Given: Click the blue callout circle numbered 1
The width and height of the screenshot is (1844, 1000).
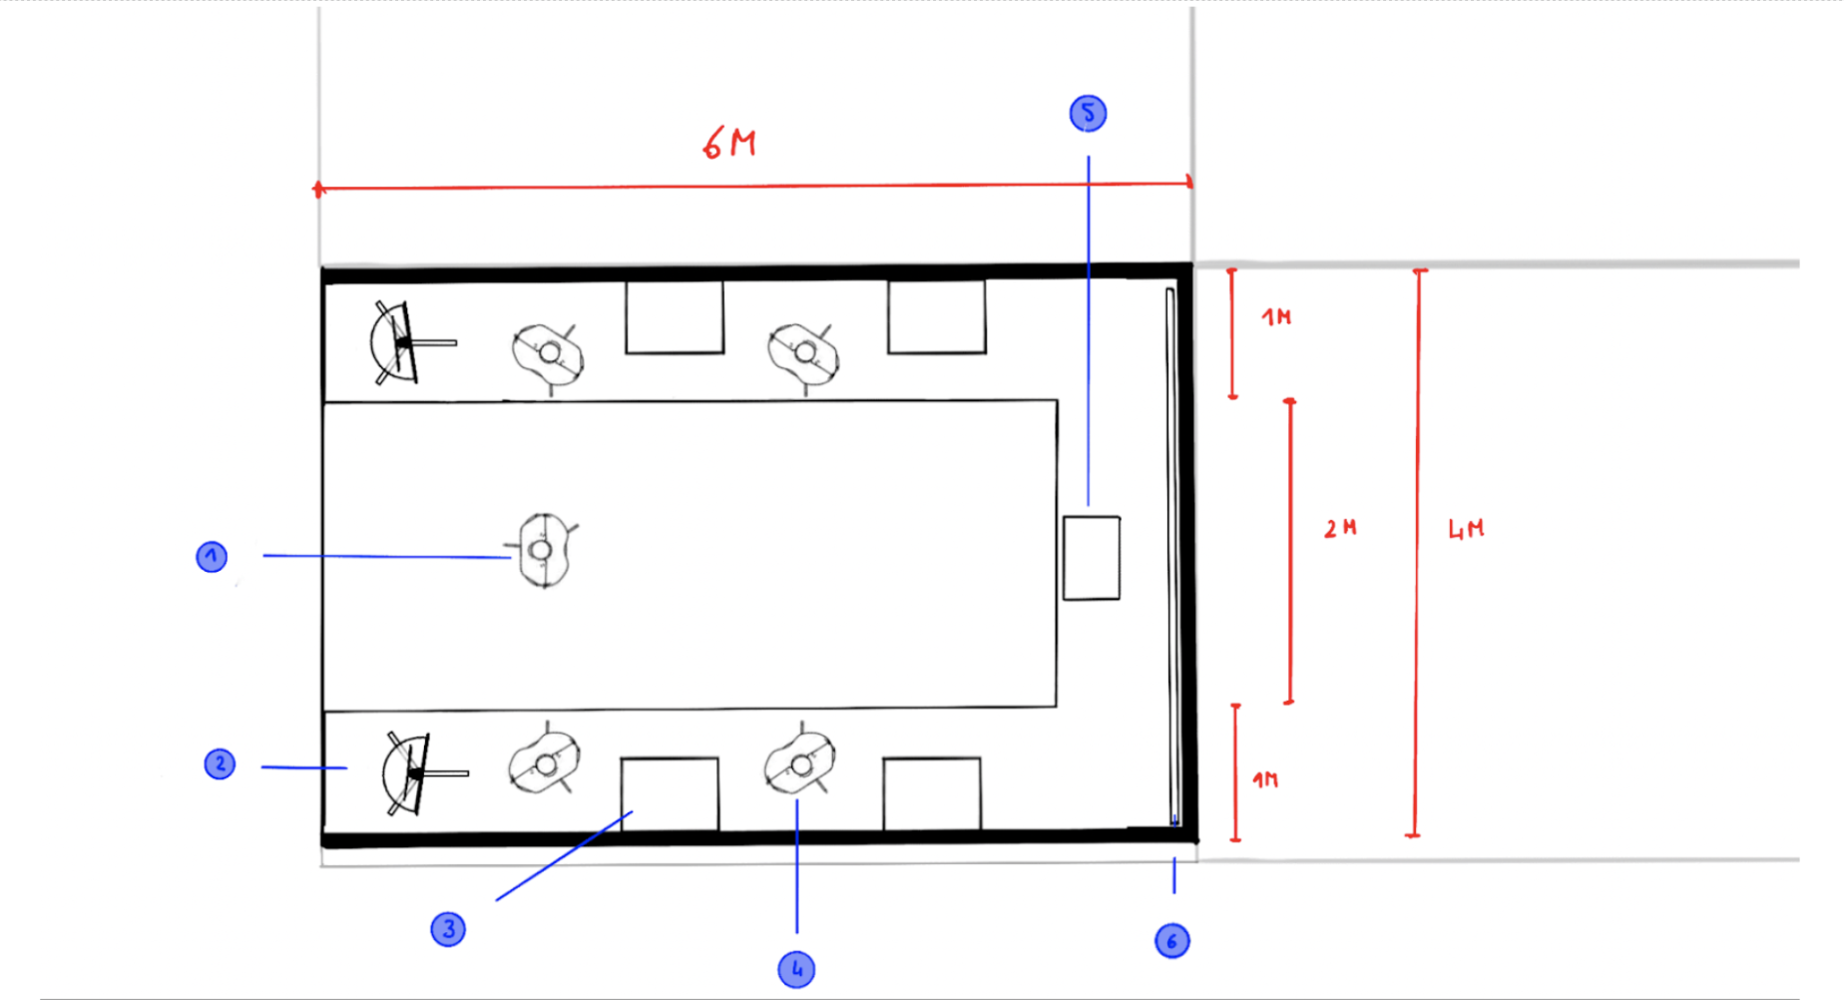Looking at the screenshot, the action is click(x=212, y=557).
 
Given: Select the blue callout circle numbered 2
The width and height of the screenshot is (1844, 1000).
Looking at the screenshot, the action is click(x=220, y=764).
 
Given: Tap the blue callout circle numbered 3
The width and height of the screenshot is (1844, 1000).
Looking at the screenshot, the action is click(x=448, y=929).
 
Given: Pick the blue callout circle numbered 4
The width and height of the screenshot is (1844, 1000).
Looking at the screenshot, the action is click(x=796, y=969).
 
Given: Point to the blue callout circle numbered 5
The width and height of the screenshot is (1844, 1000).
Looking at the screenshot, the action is click(x=1088, y=113).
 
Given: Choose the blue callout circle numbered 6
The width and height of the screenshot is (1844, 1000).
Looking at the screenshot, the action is click(x=1172, y=941).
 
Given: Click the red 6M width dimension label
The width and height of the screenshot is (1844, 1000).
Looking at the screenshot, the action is click(x=729, y=144).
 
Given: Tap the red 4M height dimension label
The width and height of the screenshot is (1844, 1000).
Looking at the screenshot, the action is click(x=1466, y=529).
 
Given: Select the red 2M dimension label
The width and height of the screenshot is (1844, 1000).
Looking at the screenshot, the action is click(x=1340, y=528).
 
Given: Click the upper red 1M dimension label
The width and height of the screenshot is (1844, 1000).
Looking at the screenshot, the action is click(x=1276, y=317).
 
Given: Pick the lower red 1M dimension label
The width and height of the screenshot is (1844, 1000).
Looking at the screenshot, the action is click(x=1265, y=779).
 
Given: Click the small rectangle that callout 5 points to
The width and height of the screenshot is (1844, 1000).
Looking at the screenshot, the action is click(x=1092, y=558).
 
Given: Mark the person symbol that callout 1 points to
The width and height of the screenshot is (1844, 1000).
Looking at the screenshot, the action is click(x=545, y=550).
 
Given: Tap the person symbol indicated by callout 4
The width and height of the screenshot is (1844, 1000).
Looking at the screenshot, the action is click(x=799, y=764).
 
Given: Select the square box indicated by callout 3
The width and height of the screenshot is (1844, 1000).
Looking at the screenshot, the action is click(x=670, y=793).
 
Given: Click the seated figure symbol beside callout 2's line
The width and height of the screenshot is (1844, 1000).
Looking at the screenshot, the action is click(x=412, y=773).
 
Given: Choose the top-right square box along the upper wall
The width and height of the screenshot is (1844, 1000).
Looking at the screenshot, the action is click(x=937, y=316).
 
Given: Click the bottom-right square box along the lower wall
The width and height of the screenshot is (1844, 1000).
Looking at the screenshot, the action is click(x=932, y=793).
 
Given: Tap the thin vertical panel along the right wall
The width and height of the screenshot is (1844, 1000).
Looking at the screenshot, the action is click(x=1172, y=556).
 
